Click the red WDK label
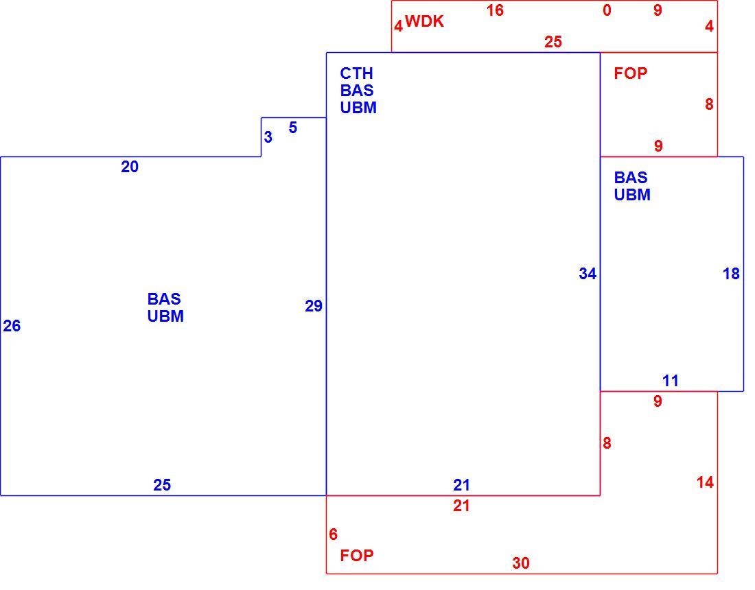coord(424,22)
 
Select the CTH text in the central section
coord(356,73)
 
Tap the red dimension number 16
coord(495,10)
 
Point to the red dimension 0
coord(607,10)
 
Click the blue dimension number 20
coord(130,167)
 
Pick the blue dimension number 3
coord(268,137)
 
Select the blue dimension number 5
coord(293,128)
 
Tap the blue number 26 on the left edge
coord(12,326)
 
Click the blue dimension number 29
coord(314,306)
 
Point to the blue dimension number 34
coord(588,274)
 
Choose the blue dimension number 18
coord(731,274)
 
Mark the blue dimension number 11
coord(671,381)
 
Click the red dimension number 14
coord(705,482)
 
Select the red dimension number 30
coord(521,563)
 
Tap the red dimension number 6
coord(333,534)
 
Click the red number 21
coord(461,506)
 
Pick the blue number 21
coord(461,485)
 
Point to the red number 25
coord(553,42)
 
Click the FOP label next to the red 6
coord(357,555)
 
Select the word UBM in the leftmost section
coord(165,316)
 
